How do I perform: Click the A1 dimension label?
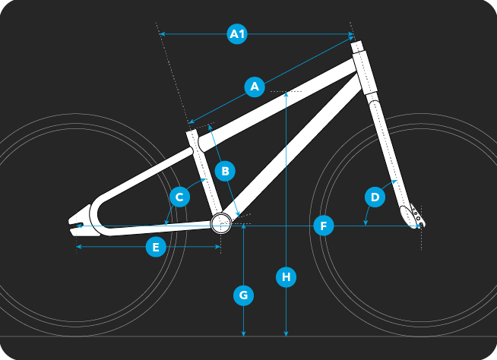[237, 33]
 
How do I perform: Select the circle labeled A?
[255, 86]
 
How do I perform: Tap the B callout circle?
[225, 171]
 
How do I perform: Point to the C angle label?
[179, 197]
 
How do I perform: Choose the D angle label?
[375, 197]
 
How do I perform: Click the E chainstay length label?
[156, 247]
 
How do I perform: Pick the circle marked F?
[324, 226]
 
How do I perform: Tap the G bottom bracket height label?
[243, 295]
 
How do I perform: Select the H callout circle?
[286, 277]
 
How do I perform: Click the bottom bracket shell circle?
[221, 223]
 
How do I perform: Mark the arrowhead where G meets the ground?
[243, 333]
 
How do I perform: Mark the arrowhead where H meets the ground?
[286, 333]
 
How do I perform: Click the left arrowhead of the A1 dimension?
[162, 34]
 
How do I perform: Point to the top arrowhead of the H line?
[286, 94]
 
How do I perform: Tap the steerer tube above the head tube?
[356, 46]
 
